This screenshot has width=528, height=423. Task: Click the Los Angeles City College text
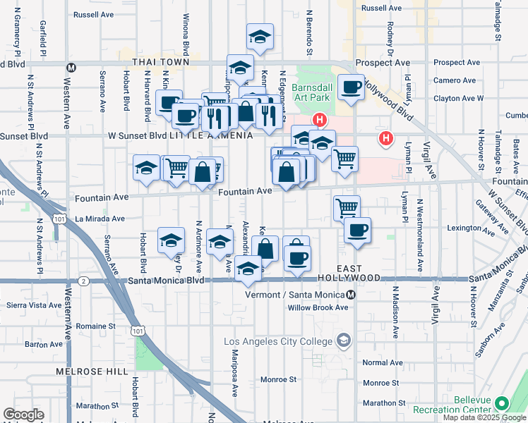(277, 341)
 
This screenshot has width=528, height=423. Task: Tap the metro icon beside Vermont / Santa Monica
(361, 295)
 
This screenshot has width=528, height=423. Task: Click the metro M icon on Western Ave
(71, 67)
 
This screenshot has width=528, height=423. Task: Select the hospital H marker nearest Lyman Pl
(385, 138)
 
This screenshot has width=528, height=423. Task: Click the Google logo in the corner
(24, 415)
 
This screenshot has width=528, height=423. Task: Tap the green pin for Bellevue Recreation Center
(502, 404)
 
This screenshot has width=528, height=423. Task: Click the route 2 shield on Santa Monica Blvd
(84, 281)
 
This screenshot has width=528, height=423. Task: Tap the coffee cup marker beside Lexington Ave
(358, 230)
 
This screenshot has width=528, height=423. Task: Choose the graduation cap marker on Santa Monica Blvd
(247, 269)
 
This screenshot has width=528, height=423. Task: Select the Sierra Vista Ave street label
(33, 305)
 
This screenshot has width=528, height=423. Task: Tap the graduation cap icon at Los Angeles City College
(343, 341)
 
